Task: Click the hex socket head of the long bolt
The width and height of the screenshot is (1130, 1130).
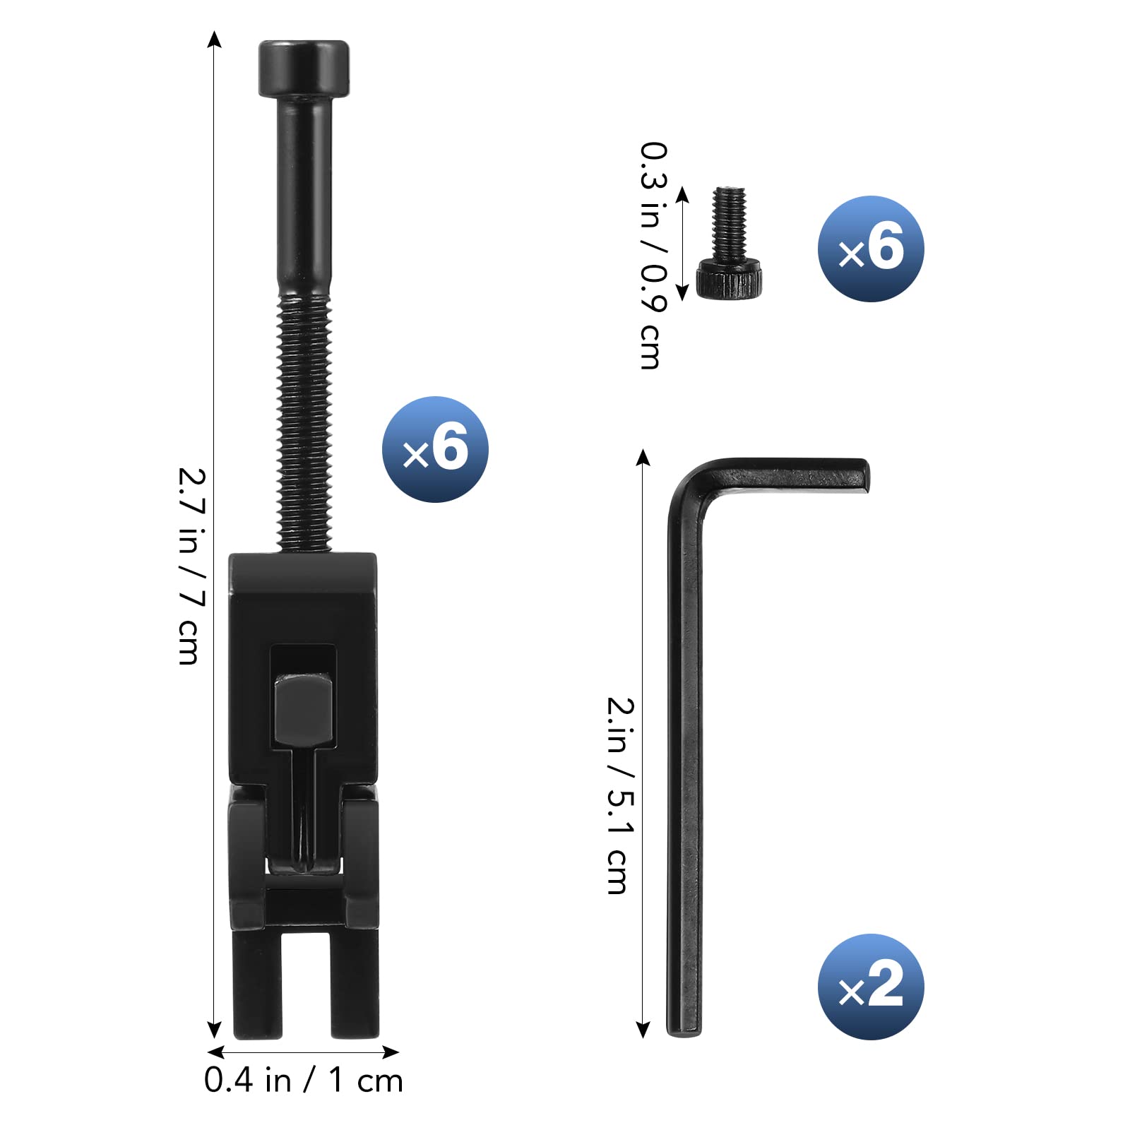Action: tap(304, 69)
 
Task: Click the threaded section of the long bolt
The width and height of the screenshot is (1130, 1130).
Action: tap(304, 424)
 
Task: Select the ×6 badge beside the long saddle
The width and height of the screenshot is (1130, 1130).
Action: tap(435, 450)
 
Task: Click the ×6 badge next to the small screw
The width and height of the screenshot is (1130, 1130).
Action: tap(871, 249)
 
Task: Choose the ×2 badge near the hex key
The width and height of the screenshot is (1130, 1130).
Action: tap(871, 987)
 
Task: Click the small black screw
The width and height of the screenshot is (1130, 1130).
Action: tap(730, 244)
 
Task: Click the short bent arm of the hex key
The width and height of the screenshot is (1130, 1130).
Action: tap(791, 475)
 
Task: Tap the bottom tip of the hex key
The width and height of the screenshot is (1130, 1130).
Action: tap(684, 1028)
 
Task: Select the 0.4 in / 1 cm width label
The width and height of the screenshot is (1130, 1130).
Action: tap(304, 1080)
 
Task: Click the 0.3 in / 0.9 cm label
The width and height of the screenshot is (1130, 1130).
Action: tap(653, 256)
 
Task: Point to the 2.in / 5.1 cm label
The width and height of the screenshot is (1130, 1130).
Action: tap(621, 796)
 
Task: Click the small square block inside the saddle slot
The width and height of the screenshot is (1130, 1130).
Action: tap(304, 709)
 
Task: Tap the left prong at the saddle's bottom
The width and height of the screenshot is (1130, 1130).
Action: tap(257, 985)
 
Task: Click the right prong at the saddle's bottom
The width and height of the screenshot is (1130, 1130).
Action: tap(355, 985)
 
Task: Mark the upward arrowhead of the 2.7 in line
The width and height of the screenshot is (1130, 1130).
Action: tap(215, 40)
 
